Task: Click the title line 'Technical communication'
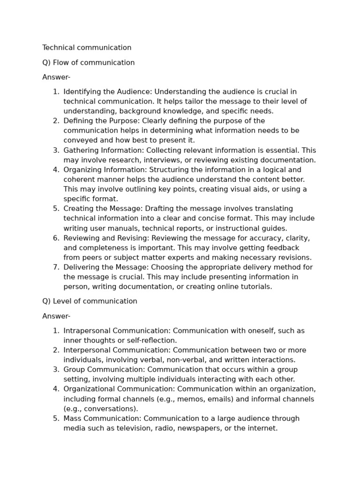coord(87,48)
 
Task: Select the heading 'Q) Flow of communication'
coord(88,63)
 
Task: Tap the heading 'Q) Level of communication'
coord(90,301)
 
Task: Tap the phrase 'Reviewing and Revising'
coord(106,238)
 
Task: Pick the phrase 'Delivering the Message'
coord(105,267)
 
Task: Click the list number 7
coord(56,267)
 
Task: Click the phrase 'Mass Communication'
coord(101,419)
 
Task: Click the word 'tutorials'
coord(255,287)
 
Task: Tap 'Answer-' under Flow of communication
coord(56,77)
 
